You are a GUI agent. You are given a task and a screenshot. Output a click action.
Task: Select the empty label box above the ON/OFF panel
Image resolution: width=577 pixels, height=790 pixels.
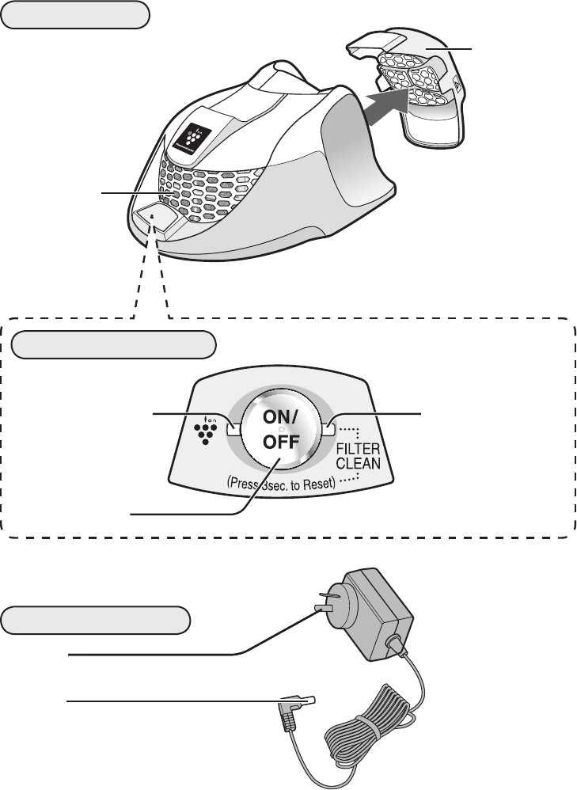click(x=116, y=345)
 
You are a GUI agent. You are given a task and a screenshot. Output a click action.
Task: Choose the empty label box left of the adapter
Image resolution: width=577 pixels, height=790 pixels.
click(x=96, y=620)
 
